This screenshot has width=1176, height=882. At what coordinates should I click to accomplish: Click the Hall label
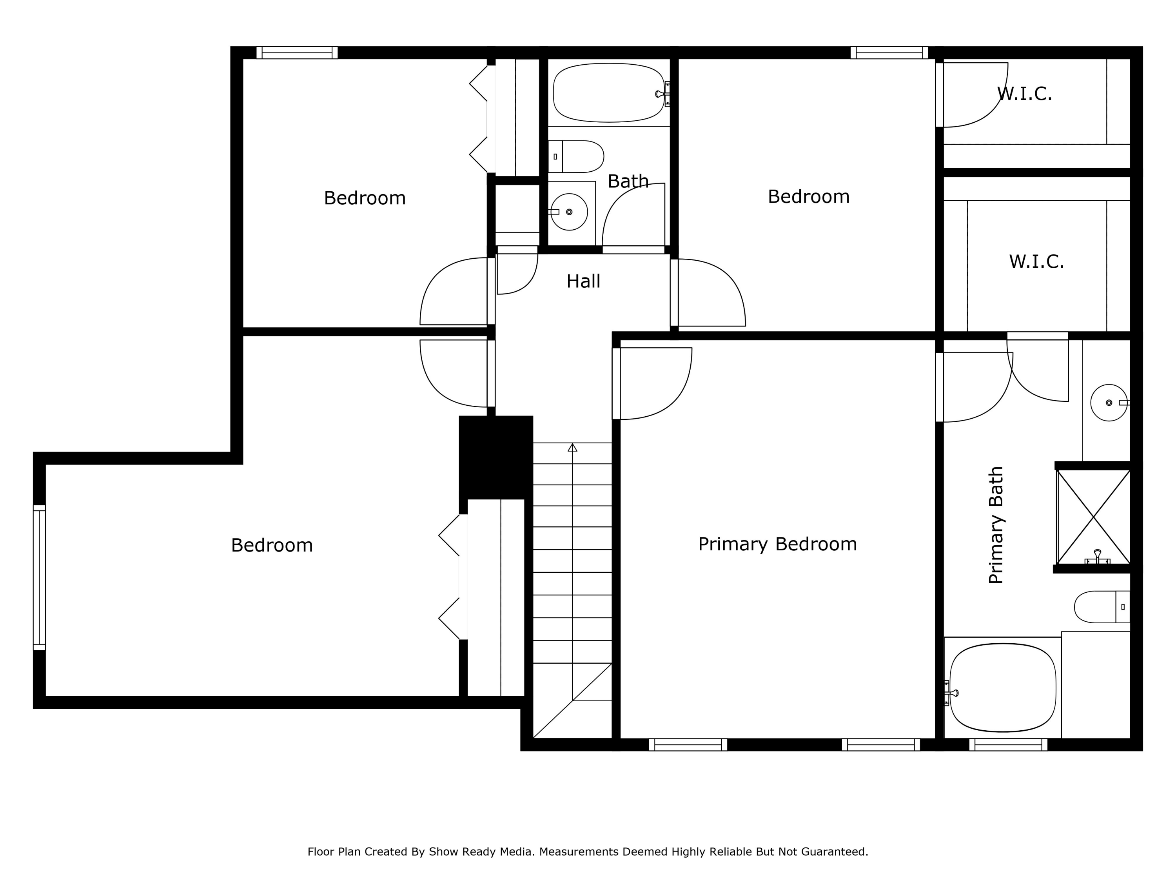click(583, 281)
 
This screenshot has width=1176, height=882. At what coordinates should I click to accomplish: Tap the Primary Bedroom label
click(777, 544)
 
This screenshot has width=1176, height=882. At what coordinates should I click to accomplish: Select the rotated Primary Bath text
click(996, 525)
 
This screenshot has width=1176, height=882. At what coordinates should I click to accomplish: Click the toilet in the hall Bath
click(577, 156)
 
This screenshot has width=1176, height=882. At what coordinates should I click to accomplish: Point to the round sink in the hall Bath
click(569, 212)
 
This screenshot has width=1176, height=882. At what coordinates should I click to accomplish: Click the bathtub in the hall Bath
click(608, 93)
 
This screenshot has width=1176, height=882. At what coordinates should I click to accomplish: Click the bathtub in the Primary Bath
click(1003, 688)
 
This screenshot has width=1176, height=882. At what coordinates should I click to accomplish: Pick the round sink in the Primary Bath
click(1109, 403)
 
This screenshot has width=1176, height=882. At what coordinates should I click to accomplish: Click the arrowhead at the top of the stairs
click(572, 448)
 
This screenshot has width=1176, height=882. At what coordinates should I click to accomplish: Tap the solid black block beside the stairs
click(495, 457)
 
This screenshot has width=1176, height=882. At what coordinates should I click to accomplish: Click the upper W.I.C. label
click(1024, 94)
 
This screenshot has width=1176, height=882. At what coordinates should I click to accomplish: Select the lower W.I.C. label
click(1036, 261)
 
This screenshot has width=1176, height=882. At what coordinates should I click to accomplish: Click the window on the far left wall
click(39, 577)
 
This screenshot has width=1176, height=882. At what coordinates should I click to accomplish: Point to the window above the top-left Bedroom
click(297, 53)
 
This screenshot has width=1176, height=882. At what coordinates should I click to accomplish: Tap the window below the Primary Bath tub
click(1008, 744)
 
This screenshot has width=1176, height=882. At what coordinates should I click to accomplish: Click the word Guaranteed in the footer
click(833, 852)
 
